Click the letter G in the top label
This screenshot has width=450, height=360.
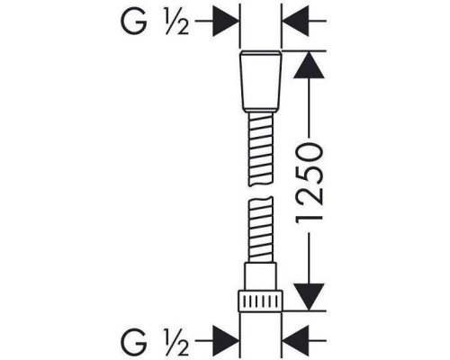pos(133,22)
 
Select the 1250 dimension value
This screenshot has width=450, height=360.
pos(309,183)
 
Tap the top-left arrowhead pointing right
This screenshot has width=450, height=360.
pos(226,22)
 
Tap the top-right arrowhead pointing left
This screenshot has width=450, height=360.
pos(296,22)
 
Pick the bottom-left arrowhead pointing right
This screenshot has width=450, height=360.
pos(226,341)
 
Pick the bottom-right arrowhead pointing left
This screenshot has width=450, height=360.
pos(296,341)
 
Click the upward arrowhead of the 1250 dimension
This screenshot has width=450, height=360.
pos(309,65)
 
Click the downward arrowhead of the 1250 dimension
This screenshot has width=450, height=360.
pos(309,297)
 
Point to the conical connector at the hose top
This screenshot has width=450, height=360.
pos(261,82)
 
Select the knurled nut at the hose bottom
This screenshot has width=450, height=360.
pos(260,301)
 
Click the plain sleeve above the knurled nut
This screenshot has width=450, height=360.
pos(260,276)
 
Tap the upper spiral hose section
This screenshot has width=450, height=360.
pos(261,149)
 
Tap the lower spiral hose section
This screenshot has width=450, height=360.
pos(261,229)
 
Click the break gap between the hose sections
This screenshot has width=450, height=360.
pos(261,192)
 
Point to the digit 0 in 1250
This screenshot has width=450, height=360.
pos(309,152)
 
